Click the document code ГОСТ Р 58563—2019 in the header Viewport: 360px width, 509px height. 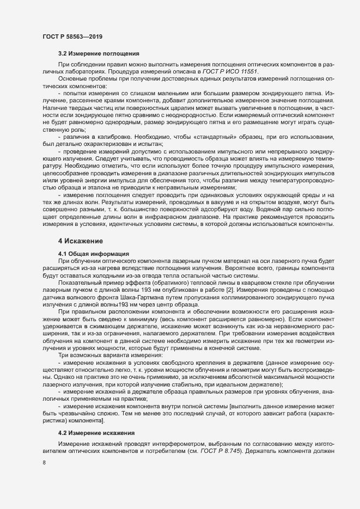tap(72, 36)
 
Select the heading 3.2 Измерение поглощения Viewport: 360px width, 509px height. tap(98, 54)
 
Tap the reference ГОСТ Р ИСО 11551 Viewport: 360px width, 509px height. tap(235, 72)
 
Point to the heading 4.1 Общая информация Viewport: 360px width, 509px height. tap(93, 254)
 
